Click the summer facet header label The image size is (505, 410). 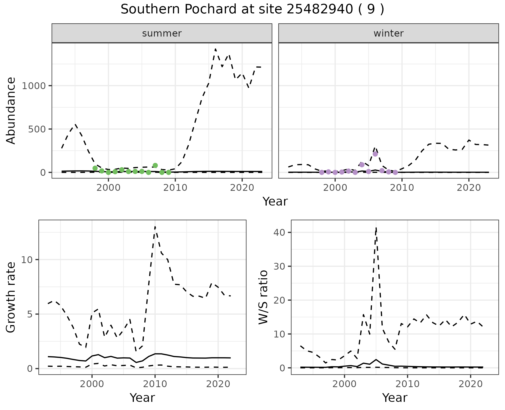click(x=162, y=33)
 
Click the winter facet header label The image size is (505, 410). click(x=388, y=33)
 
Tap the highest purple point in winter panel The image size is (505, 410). click(x=375, y=154)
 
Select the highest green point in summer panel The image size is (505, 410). click(x=155, y=165)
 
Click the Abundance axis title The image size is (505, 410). click(x=11, y=110)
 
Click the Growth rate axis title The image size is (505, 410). click(x=11, y=297)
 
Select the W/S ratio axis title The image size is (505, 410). click(x=263, y=297)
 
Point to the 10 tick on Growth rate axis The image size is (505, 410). click(x=27, y=260)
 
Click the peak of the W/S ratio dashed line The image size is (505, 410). click(x=376, y=228)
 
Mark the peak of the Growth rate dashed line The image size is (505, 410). click(x=155, y=227)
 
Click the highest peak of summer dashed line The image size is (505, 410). click(x=215, y=49)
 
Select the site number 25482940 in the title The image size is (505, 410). click(x=320, y=9)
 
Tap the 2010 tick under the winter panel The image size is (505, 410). click(x=402, y=188)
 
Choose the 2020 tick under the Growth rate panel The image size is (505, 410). click(x=218, y=384)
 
